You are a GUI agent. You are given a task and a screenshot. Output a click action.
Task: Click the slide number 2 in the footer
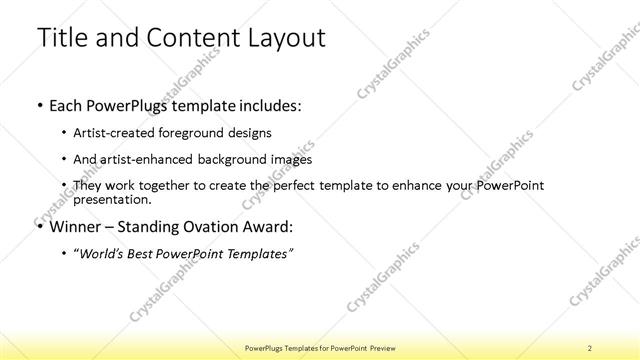[590, 346]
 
